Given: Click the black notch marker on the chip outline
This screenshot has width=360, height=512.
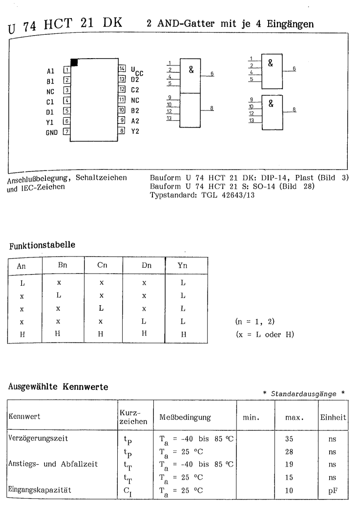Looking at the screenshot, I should [x=74, y=62].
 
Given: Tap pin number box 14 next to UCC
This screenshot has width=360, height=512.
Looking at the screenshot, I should [x=122, y=67].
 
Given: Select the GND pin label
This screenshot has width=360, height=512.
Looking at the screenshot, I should [x=51, y=132].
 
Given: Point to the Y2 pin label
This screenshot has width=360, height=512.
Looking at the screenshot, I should [x=135, y=131].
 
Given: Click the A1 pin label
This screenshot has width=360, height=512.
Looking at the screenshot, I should [x=49, y=71].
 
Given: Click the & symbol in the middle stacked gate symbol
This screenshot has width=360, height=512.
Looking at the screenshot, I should [x=191, y=70].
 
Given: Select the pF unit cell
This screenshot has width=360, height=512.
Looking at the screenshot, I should [x=332, y=487].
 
